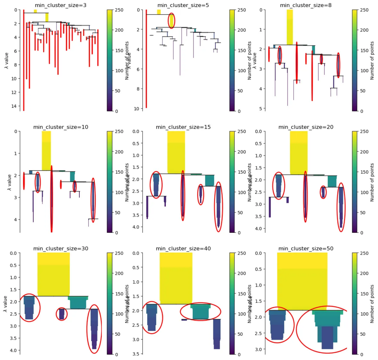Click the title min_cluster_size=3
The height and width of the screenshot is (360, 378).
(x=61, y=5)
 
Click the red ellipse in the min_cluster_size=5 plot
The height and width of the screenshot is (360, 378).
(x=172, y=20)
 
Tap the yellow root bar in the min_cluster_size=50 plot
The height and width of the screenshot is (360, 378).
(x=302, y=280)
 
